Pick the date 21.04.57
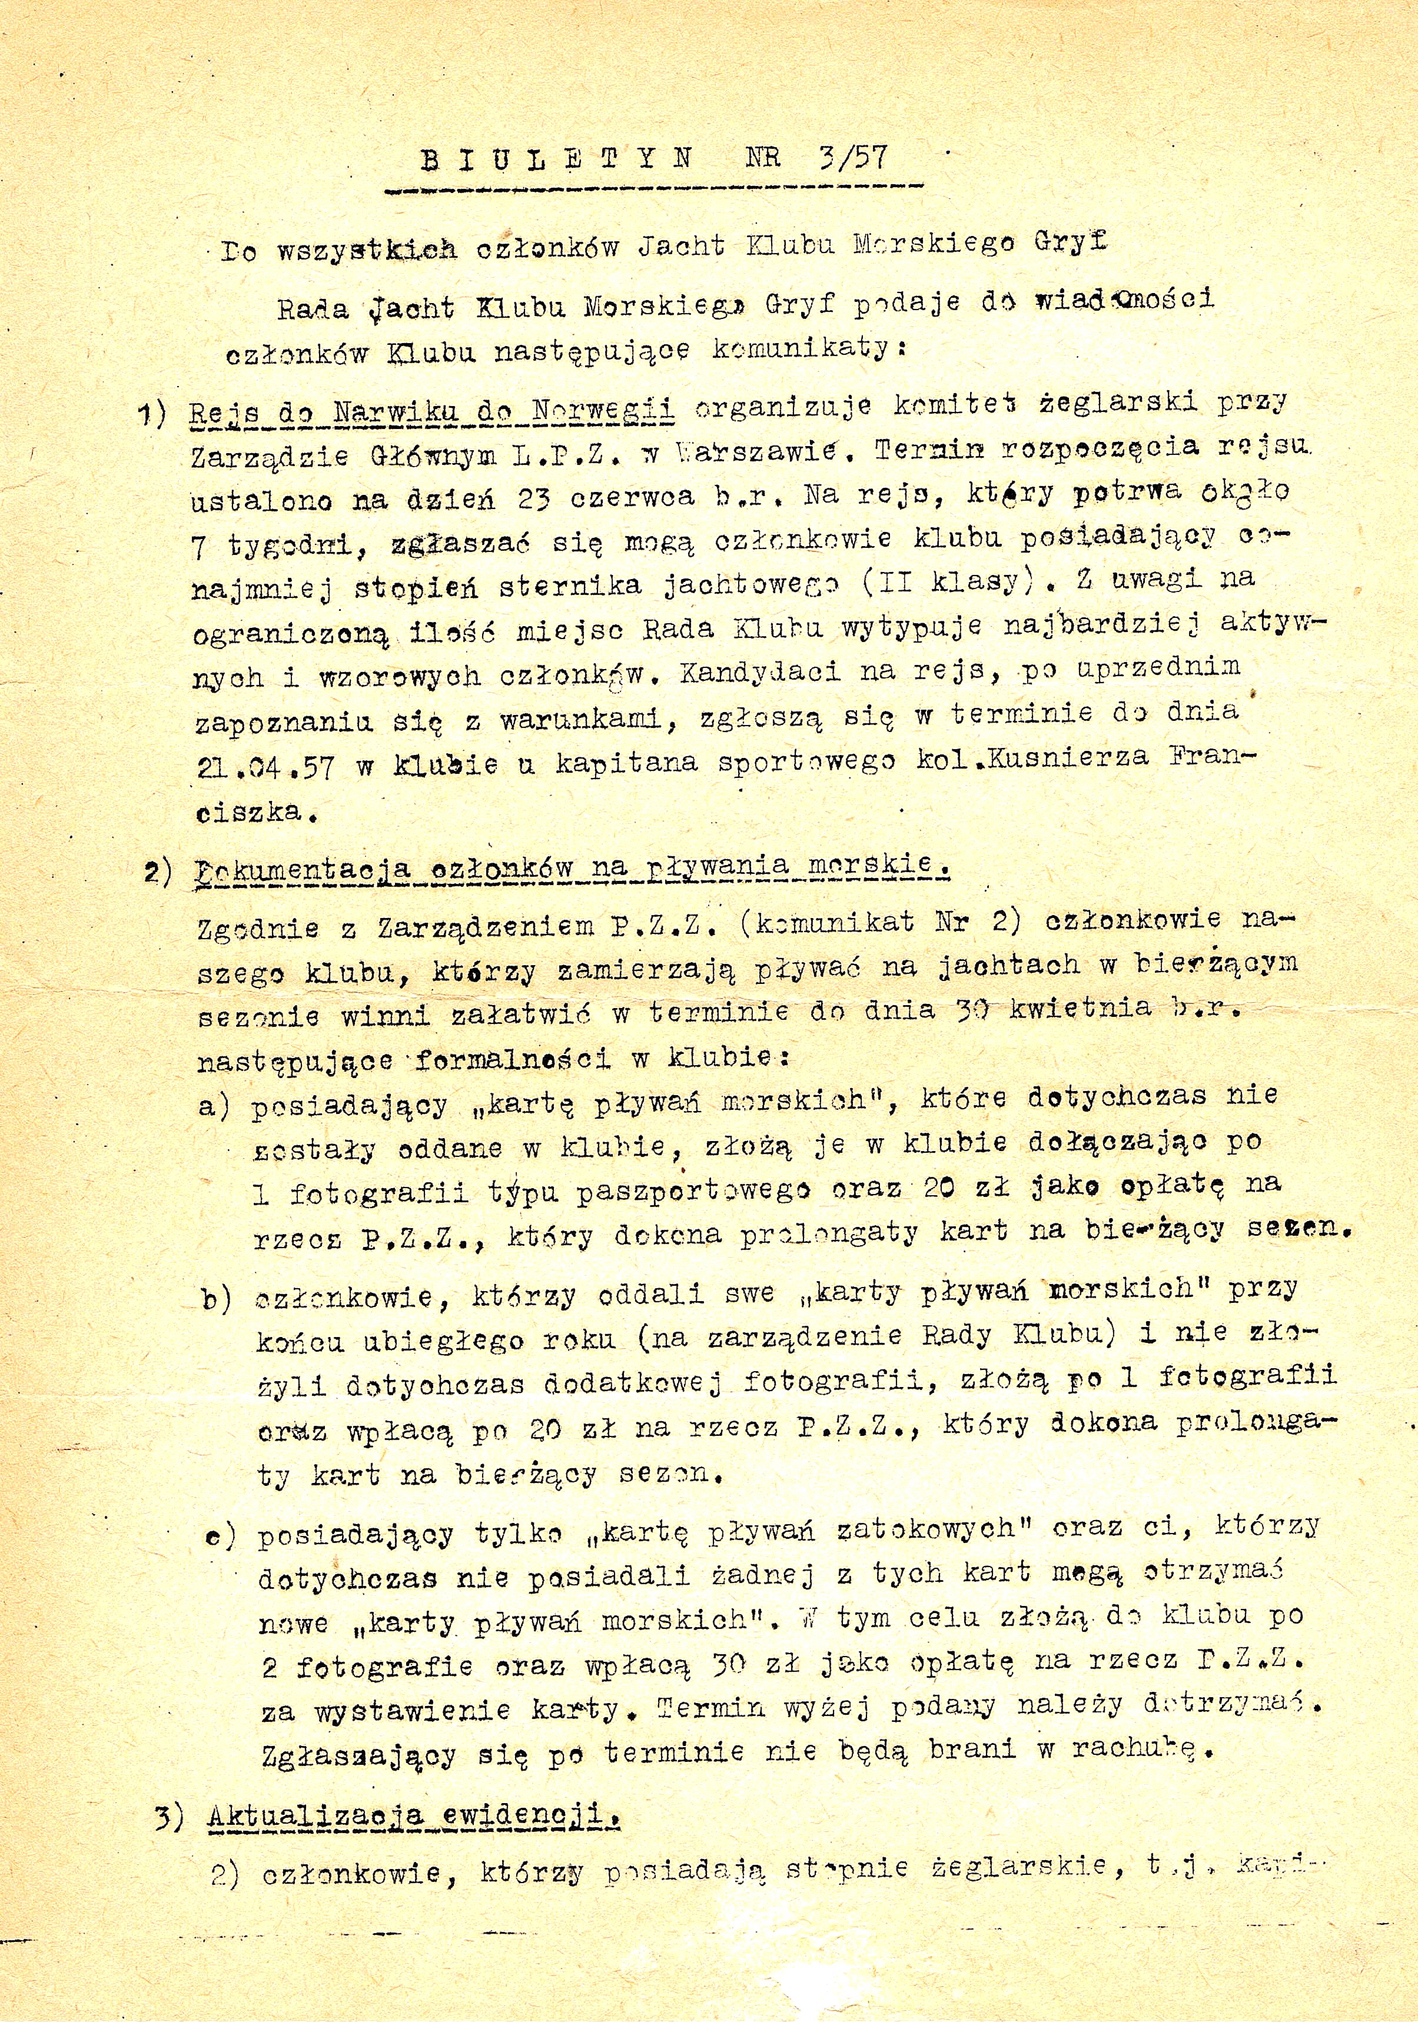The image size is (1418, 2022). point(265,766)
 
